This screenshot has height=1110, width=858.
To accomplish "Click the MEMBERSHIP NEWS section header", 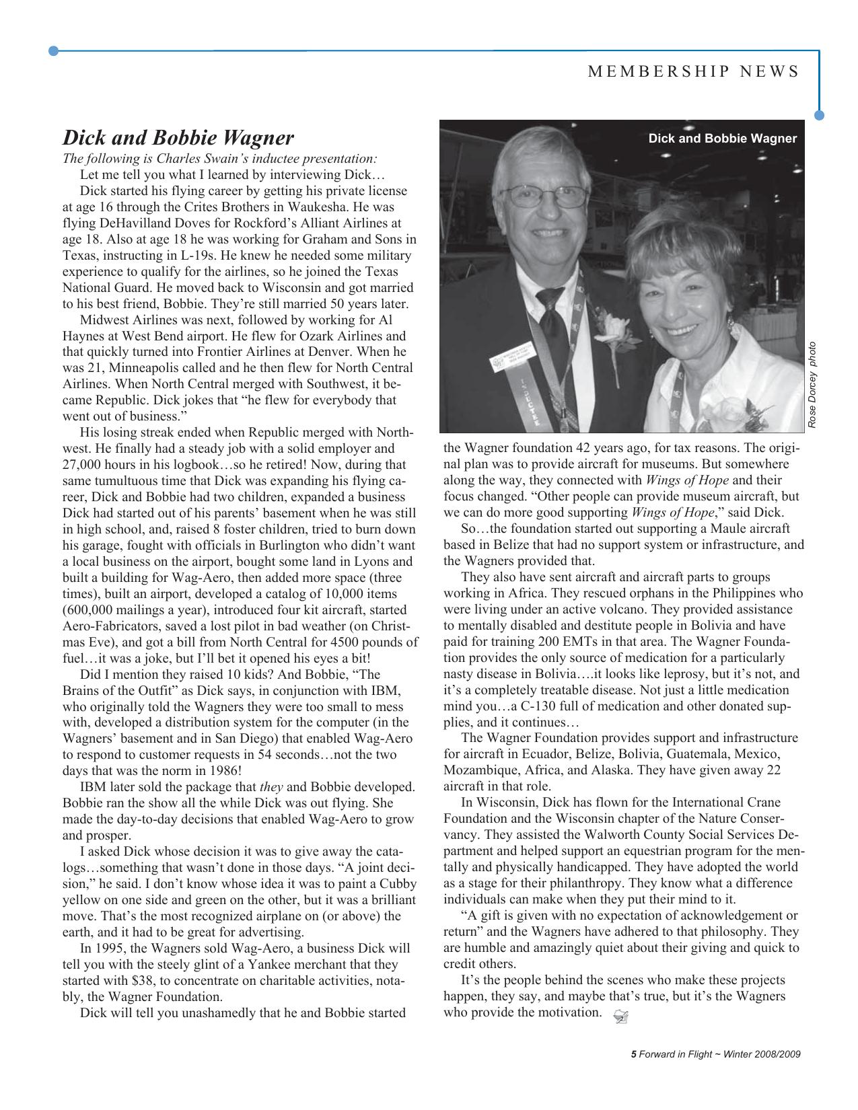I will (x=693, y=72).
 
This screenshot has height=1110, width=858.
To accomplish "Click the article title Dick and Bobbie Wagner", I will (x=178, y=138).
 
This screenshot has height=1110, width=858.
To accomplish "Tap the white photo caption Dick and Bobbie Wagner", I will (x=722, y=139).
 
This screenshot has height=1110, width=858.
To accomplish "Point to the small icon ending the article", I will (x=621, y=1018).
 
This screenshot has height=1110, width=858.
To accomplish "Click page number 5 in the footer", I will (x=633, y=1055).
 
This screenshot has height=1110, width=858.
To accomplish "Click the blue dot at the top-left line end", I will (x=54, y=50).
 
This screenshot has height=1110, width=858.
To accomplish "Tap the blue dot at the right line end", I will (x=819, y=115).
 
